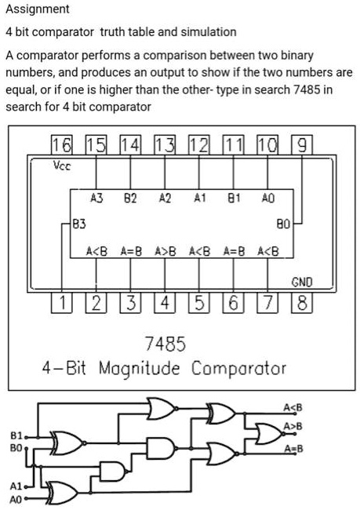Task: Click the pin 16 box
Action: click(62, 144)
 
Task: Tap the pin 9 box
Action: click(302, 144)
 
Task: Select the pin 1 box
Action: click(62, 303)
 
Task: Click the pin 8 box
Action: click(302, 303)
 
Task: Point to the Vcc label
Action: click(62, 166)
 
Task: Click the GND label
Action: click(302, 282)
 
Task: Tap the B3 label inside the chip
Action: click(79, 224)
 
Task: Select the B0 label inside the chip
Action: click(283, 224)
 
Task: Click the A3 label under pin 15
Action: click(96, 198)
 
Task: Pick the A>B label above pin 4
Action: click(165, 251)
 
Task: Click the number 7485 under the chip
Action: click(165, 344)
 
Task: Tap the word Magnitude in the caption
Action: click(139, 369)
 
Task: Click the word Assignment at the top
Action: click(38, 9)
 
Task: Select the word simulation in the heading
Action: click(209, 32)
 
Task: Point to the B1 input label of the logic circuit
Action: click(16, 435)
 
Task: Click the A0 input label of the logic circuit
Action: click(16, 499)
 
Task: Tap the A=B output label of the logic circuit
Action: click(293, 449)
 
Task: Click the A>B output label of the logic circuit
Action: click(293, 426)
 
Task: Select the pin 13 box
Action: click(165, 144)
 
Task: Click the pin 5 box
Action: click(199, 303)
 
